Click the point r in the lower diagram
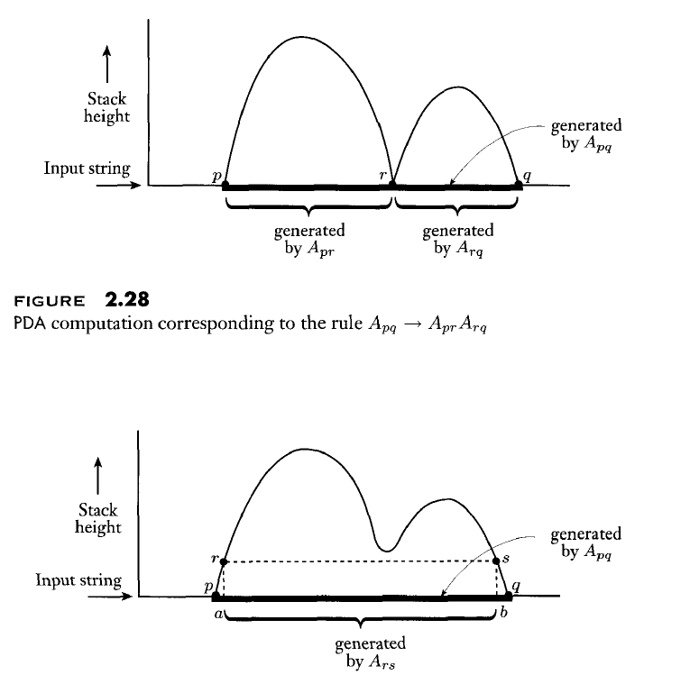tap(224, 561)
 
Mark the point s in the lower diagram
tap(496, 561)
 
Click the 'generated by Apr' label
tap(308, 239)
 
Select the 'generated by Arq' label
tap(457, 239)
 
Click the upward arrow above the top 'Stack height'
tap(107, 65)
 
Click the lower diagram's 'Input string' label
tap(78, 579)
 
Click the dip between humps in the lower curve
tap(387, 548)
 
